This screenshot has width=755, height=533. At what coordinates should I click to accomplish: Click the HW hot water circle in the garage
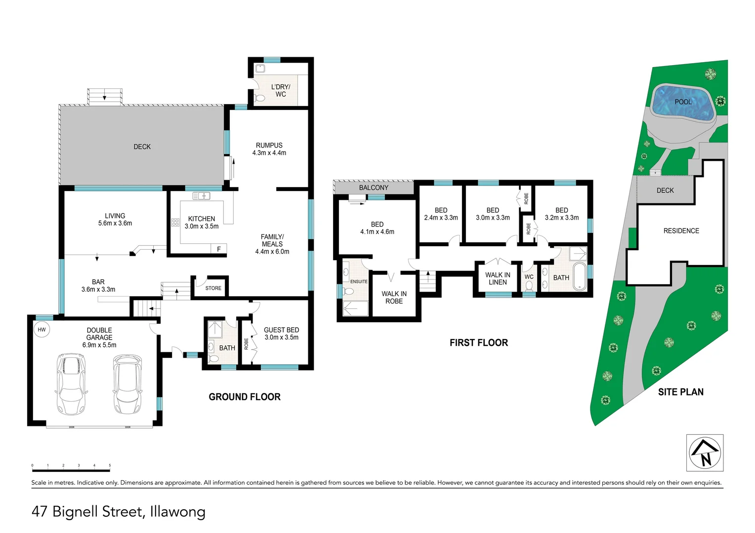click(42, 330)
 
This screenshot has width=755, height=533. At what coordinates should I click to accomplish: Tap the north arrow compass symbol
click(705, 453)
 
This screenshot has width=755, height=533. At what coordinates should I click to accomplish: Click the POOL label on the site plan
click(683, 102)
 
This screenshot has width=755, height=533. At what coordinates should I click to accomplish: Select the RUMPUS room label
click(269, 145)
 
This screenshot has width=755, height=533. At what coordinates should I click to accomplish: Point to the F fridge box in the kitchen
click(219, 249)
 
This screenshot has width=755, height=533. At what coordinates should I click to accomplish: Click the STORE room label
click(213, 288)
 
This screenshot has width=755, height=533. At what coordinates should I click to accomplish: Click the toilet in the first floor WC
click(529, 287)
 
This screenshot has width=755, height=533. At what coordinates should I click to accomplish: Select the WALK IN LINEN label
click(498, 278)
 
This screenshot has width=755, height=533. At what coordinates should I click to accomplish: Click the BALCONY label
click(374, 188)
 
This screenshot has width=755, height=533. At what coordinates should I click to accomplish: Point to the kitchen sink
click(201, 195)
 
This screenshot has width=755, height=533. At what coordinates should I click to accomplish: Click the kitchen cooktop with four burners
click(175, 222)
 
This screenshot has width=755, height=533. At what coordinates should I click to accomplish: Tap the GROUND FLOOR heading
click(245, 397)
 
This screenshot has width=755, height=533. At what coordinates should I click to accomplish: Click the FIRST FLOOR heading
click(479, 343)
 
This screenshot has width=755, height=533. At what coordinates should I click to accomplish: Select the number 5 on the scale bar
click(110, 465)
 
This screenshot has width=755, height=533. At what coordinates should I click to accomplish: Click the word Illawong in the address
click(177, 512)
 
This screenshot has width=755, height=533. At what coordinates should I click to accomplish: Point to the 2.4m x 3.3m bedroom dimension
click(441, 218)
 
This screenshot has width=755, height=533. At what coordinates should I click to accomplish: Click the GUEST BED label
click(282, 330)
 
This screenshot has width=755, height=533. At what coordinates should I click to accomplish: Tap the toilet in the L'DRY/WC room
click(259, 98)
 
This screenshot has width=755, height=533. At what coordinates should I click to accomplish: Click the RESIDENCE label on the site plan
click(681, 230)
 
